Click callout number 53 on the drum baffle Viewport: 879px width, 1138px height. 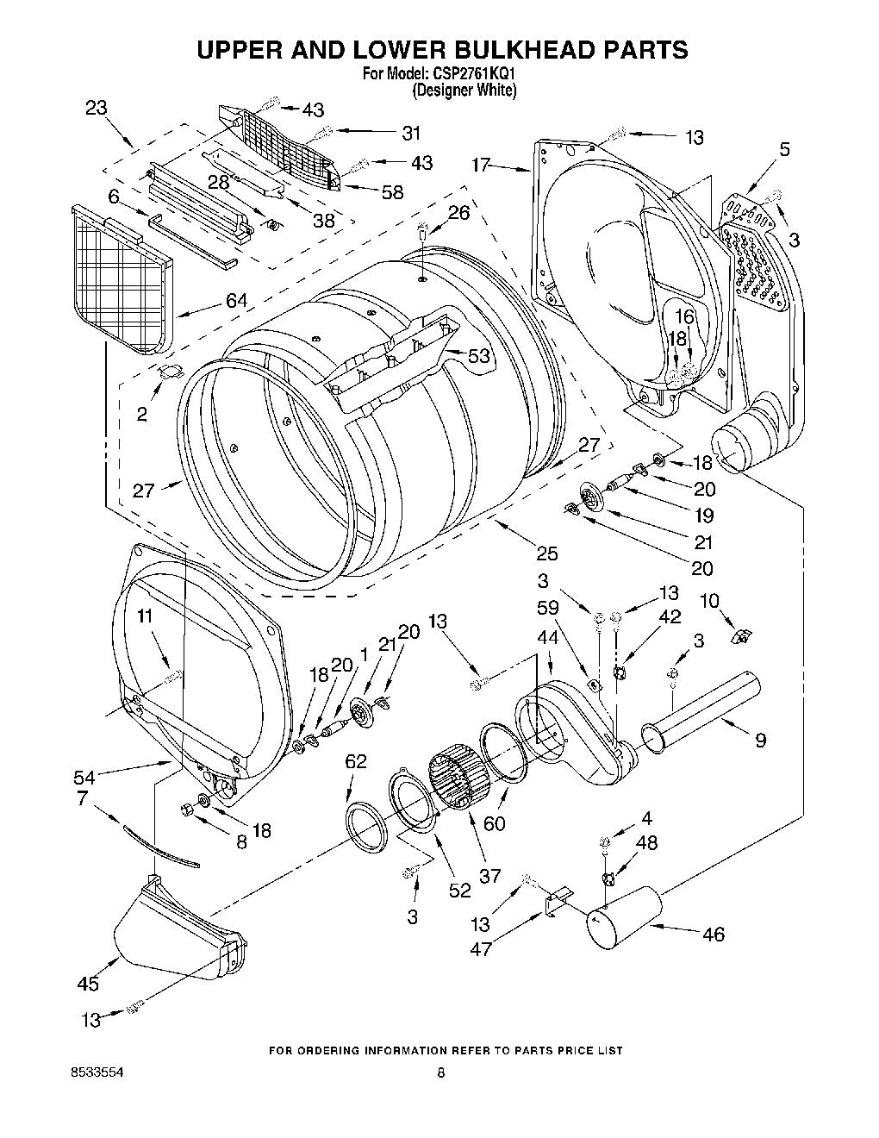click(478, 355)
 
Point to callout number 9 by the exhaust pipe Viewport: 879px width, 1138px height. click(760, 739)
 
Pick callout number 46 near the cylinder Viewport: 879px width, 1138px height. click(713, 934)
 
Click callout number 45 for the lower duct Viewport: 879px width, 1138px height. click(88, 984)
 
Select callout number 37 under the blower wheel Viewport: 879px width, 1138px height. click(489, 876)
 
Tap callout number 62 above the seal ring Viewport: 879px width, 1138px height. click(355, 761)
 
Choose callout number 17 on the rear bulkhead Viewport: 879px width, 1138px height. click(481, 163)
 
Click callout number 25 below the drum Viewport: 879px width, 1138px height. click(546, 553)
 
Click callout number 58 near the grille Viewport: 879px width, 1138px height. click(392, 192)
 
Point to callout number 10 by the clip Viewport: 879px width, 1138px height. click(708, 600)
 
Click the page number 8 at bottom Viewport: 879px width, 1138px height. click(440, 1073)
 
